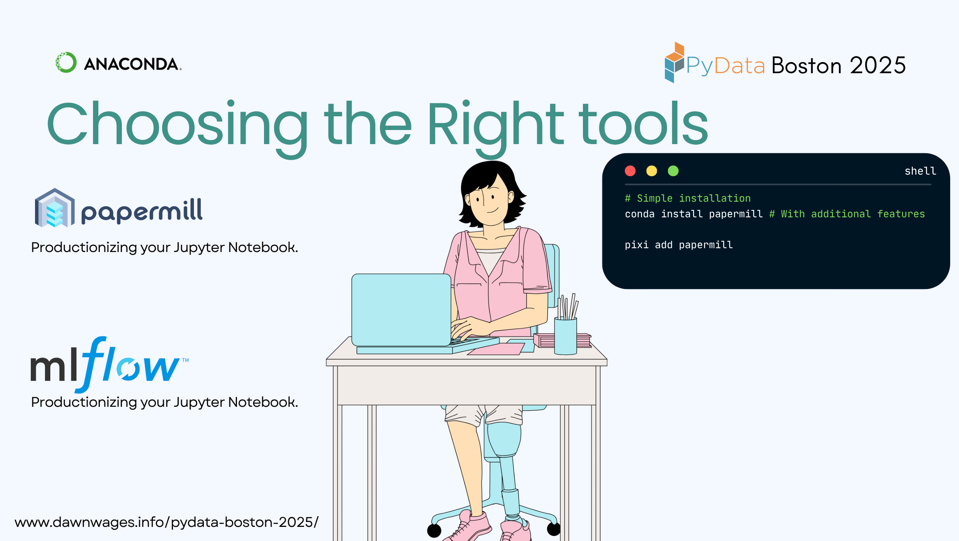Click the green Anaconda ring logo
(x=66, y=62)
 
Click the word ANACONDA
(x=132, y=64)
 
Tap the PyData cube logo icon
(x=674, y=62)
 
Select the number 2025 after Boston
(x=878, y=65)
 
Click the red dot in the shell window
(x=630, y=171)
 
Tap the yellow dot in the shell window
(x=652, y=171)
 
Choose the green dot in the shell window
(x=673, y=171)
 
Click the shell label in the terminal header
(x=920, y=171)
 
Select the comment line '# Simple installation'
(x=688, y=198)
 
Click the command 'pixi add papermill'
(x=679, y=245)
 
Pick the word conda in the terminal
(x=640, y=214)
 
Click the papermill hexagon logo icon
(x=55, y=208)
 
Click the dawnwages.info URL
(x=167, y=522)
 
